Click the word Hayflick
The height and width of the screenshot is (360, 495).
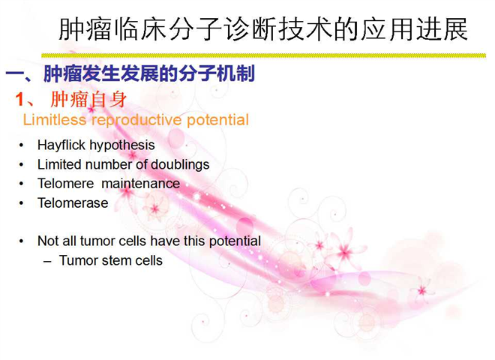61,145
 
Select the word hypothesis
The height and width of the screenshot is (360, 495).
122,145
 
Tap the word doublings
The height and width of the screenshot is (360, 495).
180,165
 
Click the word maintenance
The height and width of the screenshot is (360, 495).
141,184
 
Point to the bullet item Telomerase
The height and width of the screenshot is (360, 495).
73,203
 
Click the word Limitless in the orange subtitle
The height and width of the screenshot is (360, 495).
55,120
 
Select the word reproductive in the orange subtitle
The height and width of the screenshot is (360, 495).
137,121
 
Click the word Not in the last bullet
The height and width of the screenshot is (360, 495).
48,241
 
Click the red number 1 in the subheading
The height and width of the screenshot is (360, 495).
20,99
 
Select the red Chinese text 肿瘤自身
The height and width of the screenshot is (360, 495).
88,99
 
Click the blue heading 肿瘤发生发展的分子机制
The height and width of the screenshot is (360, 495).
149,73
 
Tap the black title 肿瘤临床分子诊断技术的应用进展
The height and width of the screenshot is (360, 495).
263,29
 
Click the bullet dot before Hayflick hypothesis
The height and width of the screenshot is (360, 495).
21,145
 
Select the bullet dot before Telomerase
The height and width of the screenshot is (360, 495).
21,203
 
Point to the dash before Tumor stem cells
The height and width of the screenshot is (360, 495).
47,262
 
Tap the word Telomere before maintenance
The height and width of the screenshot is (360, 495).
66,184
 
